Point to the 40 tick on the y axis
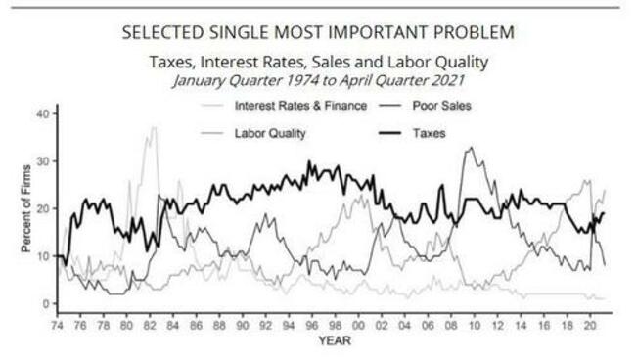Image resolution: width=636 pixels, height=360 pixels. pyautogui.click(x=41, y=113)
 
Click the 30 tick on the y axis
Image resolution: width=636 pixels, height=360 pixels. pyautogui.click(x=41, y=160)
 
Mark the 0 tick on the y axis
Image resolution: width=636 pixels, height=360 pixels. pyautogui.click(x=44, y=304)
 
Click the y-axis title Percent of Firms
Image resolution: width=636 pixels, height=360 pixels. pyautogui.click(x=26, y=209)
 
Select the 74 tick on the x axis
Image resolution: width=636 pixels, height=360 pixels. pyautogui.click(x=59, y=325)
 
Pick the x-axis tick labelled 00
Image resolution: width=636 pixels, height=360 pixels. pyautogui.click(x=359, y=325)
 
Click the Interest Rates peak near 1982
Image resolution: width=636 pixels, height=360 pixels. pyautogui.click(x=152, y=127)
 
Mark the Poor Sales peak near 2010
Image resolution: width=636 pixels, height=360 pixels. pyautogui.click(x=472, y=148)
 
